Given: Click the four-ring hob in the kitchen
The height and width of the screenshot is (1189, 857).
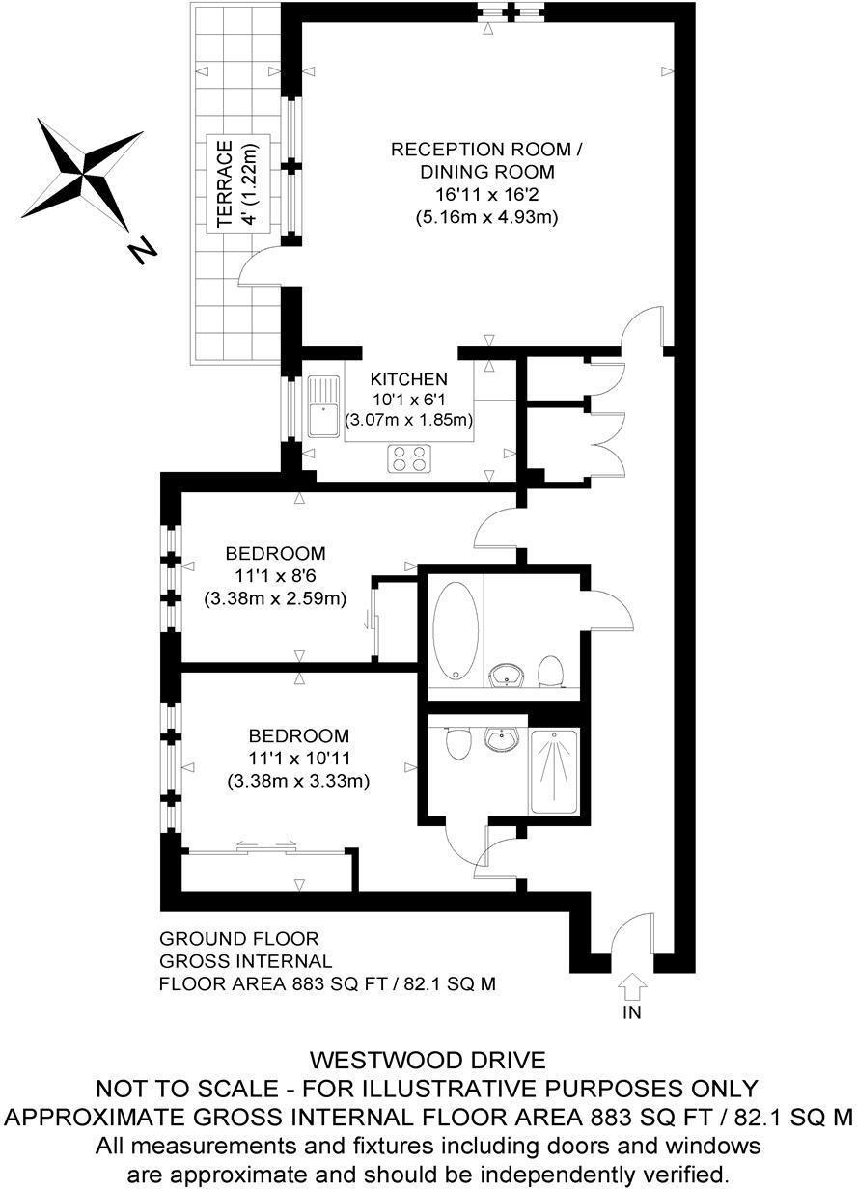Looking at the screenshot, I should coord(408,458).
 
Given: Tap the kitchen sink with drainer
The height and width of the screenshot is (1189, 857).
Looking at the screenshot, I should coord(323,406).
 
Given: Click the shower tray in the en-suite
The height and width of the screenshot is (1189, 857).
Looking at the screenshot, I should coord(553,771).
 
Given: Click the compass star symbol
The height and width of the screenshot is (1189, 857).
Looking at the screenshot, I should coord(87,174).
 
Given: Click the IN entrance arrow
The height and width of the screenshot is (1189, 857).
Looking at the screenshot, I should coord(632,986).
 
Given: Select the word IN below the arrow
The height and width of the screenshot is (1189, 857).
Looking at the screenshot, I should coord(632,1012).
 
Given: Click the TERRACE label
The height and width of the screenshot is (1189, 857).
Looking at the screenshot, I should coord(224,184).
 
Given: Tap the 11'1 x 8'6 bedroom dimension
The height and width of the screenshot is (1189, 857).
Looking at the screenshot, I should coord(275,576).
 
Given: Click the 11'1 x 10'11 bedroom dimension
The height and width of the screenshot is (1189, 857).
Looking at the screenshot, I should coord(298,758).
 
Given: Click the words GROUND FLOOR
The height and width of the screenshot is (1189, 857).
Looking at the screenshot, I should coord(239,938).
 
